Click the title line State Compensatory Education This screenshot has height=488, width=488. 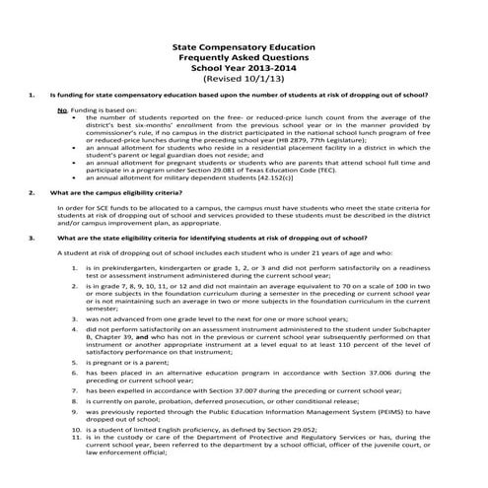pos(243,46)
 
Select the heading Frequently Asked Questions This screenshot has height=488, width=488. pos(243,58)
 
